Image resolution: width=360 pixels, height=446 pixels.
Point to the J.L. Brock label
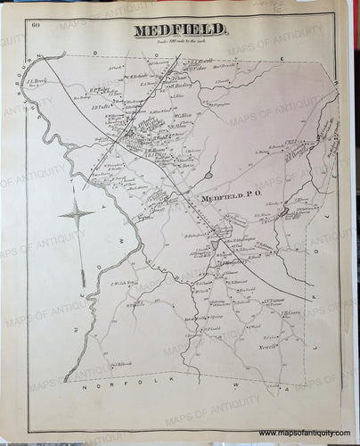click(x=40, y=80)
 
